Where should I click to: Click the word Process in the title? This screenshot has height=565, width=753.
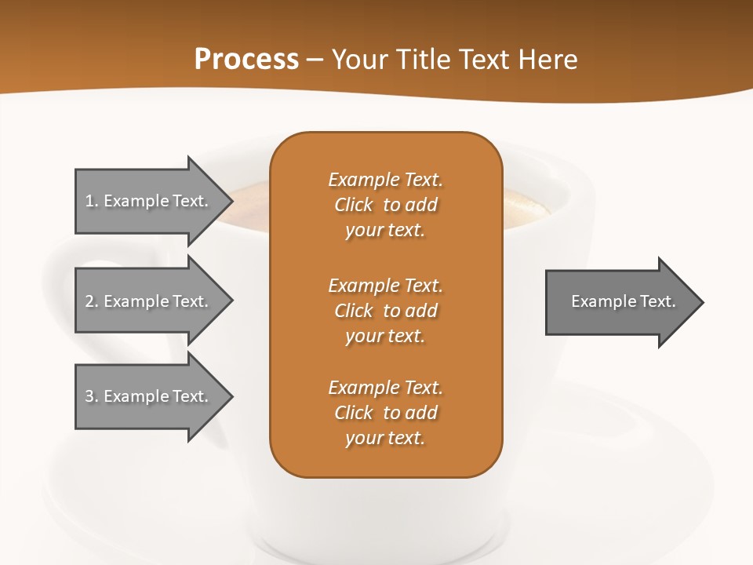tap(246, 60)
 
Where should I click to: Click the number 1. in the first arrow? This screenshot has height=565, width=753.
tap(92, 201)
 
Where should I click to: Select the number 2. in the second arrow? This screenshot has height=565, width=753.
tap(92, 301)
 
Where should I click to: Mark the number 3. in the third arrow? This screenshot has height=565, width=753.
tap(92, 396)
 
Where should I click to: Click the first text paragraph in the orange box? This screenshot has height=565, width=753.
tap(385, 205)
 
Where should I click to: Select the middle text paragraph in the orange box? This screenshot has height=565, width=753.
tap(385, 311)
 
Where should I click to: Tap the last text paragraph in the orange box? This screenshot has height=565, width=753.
tap(385, 413)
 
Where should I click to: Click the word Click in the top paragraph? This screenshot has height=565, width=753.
tap(353, 205)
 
